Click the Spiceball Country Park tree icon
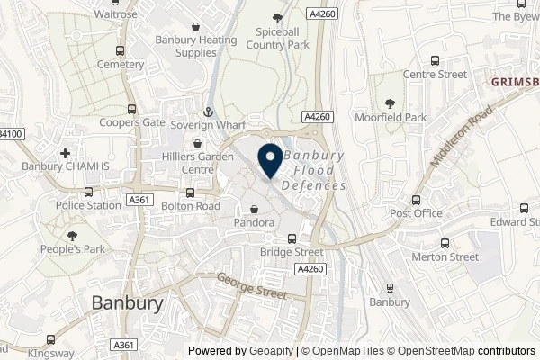(x=277, y=17)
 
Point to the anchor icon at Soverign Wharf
(x=208, y=112)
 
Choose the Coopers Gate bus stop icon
(x=132, y=110)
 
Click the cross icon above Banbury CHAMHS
(x=66, y=154)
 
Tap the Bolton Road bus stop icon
(x=190, y=193)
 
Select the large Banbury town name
(x=128, y=303)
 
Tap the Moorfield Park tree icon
(x=390, y=104)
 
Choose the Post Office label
(x=416, y=213)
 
